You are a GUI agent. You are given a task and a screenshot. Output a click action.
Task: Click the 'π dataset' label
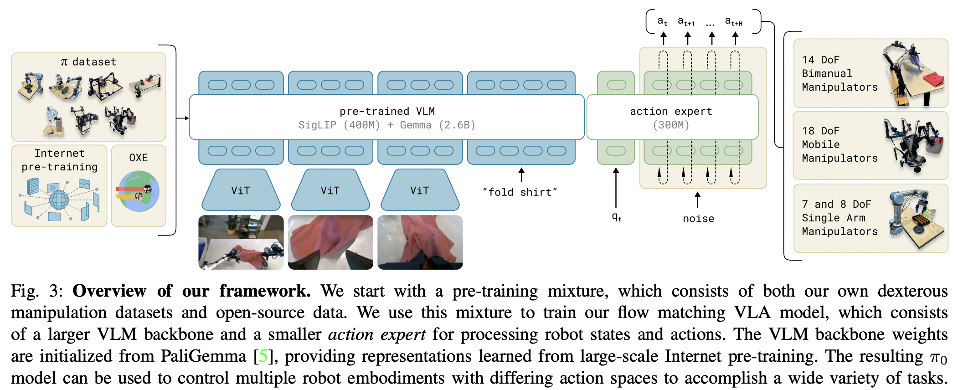[88, 62]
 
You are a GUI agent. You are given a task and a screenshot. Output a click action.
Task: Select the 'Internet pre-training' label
[60, 160]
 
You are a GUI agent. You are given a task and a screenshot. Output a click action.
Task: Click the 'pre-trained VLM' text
[387, 111]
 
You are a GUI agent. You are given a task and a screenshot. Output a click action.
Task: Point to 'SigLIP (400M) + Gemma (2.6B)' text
[387, 125]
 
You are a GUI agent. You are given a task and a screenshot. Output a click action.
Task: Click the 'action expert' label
[671, 111]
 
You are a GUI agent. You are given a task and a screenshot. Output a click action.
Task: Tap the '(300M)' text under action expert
[671, 125]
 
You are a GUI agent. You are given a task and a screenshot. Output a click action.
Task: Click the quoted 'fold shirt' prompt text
[520, 192]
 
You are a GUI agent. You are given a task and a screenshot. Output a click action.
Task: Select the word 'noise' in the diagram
[698, 219]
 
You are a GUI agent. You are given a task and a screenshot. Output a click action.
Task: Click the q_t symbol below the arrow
[617, 217]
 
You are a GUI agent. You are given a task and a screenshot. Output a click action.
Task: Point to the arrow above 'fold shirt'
[521, 174]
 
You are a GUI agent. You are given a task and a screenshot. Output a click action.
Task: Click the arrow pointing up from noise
[697, 200]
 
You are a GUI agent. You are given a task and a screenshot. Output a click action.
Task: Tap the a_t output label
[662, 21]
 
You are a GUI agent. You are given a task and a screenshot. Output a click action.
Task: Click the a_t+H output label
[734, 21]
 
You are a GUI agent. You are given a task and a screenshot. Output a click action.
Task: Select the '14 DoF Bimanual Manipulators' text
[840, 73]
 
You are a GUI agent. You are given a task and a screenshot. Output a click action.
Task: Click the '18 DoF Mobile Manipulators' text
[840, 144]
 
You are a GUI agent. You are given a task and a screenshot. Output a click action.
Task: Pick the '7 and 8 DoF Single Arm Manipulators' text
[840, 218]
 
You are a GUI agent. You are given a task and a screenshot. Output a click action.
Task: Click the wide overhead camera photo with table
[241, 242]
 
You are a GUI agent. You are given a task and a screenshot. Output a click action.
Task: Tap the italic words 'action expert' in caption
[377, 334]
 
